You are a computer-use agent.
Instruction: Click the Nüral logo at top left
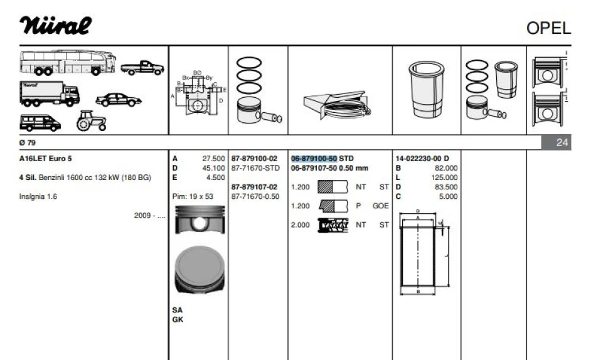(x=55, y=26)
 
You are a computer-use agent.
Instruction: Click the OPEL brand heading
(x=548, y=28)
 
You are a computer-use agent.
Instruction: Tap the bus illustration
(x=68, y=63)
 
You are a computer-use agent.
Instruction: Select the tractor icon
(x=91, y=120)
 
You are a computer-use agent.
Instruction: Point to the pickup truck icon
(x=142, y=68)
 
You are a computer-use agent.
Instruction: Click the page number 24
(x=562, y=142)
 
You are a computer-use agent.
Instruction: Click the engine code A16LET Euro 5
(x=45, y=159)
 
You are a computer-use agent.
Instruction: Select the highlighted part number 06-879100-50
(x=314, y=159)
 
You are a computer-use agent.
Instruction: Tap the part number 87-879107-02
(x=254, y=187)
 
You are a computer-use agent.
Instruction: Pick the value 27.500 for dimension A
(x=213, y=159)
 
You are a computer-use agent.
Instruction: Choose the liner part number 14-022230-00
(x=418, y=159)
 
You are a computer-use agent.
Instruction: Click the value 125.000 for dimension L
(x=444, y=177)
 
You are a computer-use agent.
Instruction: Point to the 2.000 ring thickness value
(x=300, y=225)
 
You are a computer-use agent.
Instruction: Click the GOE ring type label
(x=380, y=206)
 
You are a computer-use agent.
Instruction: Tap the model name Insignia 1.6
(x=38, y=196)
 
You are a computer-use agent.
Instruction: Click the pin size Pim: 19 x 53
(x=193, y=196)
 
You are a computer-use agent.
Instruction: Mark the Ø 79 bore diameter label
(x=28, y=142)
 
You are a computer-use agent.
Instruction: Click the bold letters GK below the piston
(x=178, y=320)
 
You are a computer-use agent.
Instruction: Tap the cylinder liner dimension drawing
(x=425, y=251)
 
